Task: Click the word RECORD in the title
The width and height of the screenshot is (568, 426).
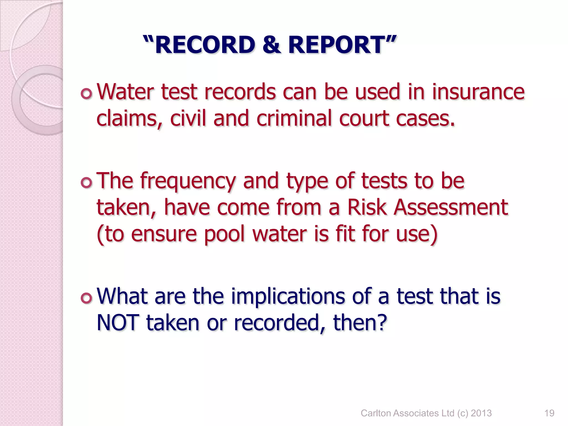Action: click(x=205, y=45)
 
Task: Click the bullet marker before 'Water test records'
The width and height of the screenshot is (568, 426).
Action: click(x=87, y=94)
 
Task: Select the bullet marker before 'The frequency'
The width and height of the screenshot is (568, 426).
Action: click(x=87, y=183)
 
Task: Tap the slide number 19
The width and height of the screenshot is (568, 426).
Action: click(x=549, y=413)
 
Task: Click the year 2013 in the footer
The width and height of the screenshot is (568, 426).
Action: click(x=481, y=413)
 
